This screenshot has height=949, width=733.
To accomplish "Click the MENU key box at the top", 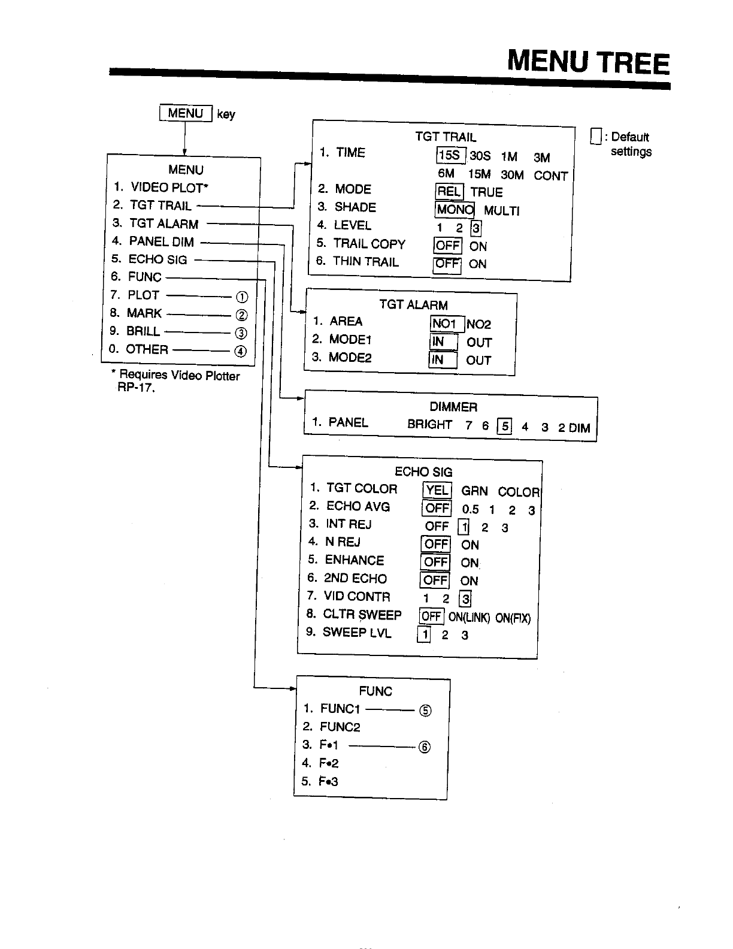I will (x=186, y=113).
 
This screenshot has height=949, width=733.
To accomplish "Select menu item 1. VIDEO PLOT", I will (x=161, y=188).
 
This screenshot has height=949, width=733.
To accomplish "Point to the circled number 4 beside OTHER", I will (x=240, y=352).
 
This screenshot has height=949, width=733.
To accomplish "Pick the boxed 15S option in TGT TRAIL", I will (x=449, y=155).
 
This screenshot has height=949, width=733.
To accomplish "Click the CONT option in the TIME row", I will (x=550, y=176).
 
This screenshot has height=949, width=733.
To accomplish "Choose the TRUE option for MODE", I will (x=486, y=192).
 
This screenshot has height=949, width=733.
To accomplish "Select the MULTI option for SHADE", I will (x=501, y=211).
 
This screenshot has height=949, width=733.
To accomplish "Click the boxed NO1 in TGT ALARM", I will (x=447, y=324).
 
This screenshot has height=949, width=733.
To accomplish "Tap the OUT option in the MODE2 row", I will (x=478, y=360).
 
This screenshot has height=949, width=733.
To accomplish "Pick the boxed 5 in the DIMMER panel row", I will (x=505, y=427).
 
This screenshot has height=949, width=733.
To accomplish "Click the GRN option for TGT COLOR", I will (x=474, y=491).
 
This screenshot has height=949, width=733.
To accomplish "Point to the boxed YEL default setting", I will (x=437, y=491).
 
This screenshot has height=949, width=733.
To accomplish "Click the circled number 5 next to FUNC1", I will (x=425, y=711).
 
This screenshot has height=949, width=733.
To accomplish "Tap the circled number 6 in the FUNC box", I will (x=424, y=746).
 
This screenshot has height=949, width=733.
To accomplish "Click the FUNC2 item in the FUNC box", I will (x=340, y=727).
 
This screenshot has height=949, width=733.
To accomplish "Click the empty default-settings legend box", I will (x=595, y=137).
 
